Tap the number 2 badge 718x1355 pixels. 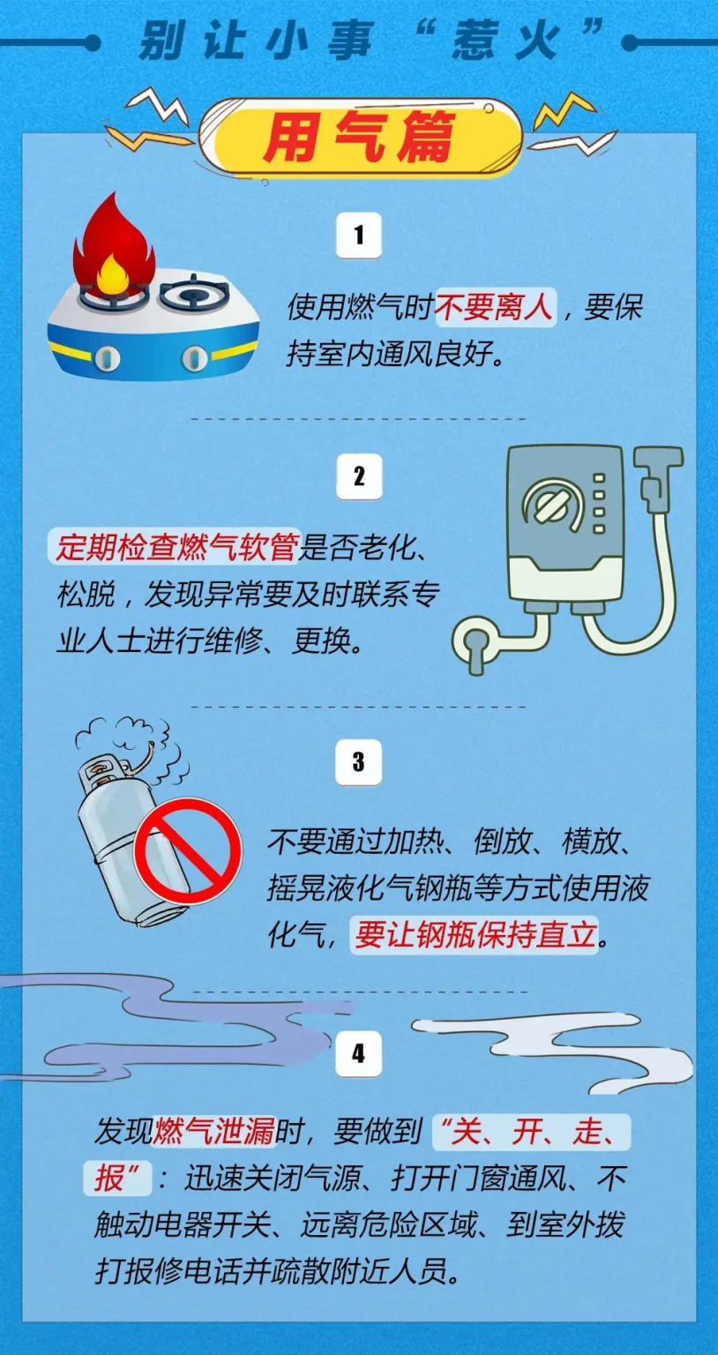pos(358,476)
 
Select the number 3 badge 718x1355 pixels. pos(358,762)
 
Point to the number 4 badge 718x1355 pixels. pos(358,1053)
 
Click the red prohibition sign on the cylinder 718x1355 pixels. pos(187,851)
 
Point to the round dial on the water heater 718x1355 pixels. pos(552,505)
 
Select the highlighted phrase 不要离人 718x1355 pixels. pos(495,308)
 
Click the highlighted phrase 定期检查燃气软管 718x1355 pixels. pos(175,547)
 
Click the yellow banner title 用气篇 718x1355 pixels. pos(360,138)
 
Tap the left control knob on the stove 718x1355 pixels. pos(107,357)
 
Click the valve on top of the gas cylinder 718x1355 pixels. pos(102,776)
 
